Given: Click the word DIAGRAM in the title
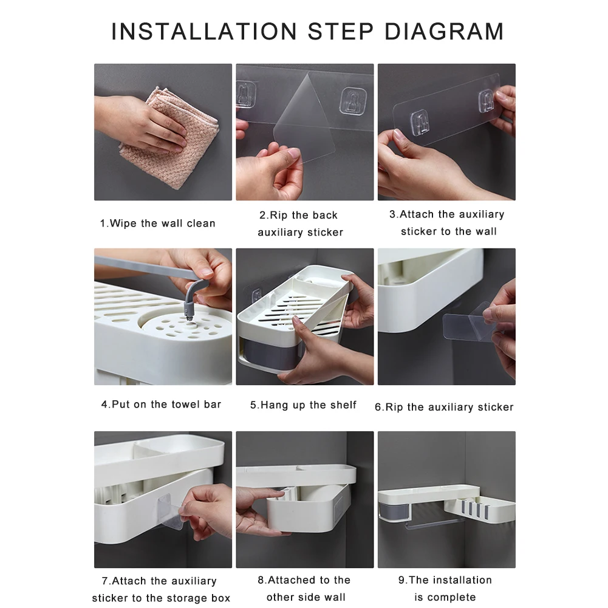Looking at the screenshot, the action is tap(444, 32).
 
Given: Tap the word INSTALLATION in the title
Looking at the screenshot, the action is tap(204, 32).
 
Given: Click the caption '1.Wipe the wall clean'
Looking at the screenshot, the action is tap(157, 224).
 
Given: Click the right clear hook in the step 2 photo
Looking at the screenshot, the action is tap(353, 101).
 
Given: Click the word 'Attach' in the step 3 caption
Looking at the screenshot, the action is tap(418, 214).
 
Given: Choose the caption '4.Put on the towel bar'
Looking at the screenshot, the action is tap(162, 405).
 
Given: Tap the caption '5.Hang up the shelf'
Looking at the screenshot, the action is tap(303, 405).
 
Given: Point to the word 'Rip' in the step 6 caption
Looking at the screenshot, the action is tap(394, 408).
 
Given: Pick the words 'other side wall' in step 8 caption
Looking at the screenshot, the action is tap(306, 597).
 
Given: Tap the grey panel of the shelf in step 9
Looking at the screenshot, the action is tap(394, 510).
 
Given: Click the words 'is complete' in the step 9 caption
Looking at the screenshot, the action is tap(445, 597).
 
